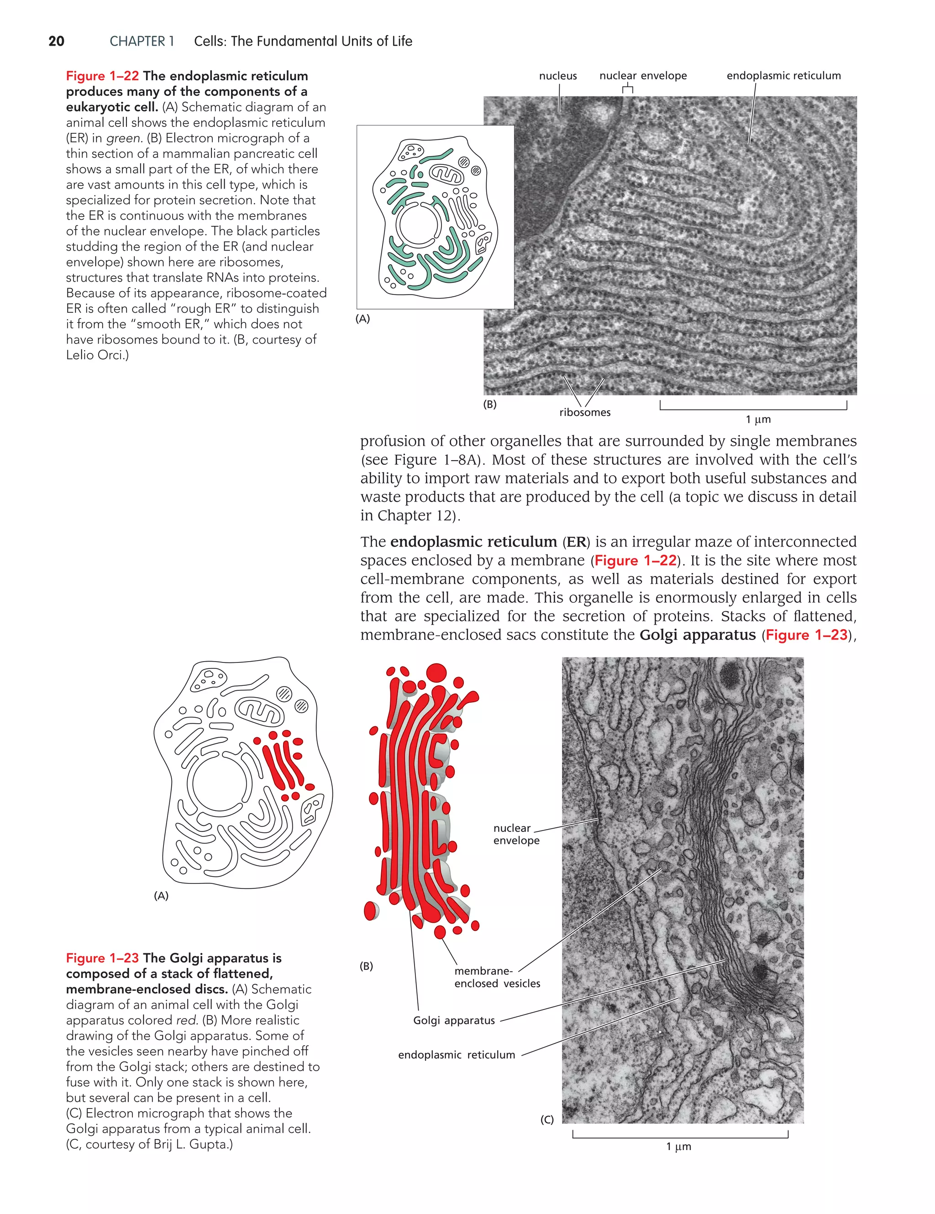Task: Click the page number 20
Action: coord(56,41)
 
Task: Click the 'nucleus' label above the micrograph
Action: coord(557,76)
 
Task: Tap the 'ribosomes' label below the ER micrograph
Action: coord(584,412)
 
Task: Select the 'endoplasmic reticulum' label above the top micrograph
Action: coord(783,76)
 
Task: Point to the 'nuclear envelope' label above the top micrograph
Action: coord(643,76)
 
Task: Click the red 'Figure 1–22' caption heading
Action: coord(102,76)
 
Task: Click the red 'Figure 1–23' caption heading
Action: coord(102,958)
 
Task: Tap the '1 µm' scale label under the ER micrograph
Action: coord(758,420)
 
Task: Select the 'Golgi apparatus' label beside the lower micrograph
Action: coord(454,1020)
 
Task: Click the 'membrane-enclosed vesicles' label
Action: coord(496,977)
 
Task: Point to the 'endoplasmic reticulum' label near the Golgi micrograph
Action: coord(457,1055)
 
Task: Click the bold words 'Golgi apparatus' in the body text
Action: coord(697,635)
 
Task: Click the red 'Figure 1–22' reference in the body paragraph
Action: coord(636,560)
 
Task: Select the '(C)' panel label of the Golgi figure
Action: coord(547,1120)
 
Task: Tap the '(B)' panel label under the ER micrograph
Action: coord(490,405)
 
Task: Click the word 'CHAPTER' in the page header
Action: coord(137,41)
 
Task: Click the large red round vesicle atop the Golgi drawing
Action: coord(436,673)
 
